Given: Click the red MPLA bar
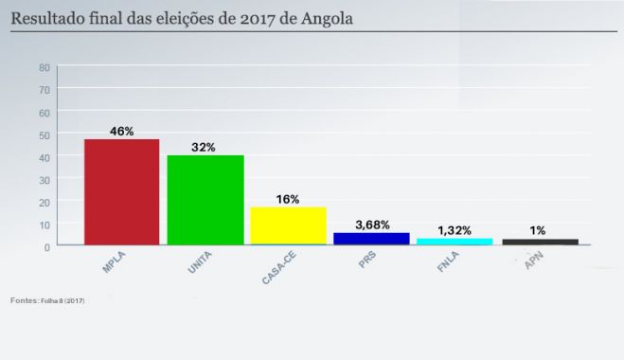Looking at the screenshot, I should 122,192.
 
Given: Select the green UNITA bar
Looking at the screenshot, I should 205,200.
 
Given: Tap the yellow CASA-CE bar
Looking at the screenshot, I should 288,225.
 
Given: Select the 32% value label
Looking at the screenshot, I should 204,147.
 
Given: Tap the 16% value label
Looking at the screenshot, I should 288,199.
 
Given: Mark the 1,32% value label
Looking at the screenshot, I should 455,230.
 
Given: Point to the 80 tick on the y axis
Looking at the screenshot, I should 45,67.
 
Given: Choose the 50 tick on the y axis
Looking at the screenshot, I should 45,135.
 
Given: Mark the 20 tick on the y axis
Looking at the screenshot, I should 45,202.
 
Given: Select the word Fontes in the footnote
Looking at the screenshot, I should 25,299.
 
